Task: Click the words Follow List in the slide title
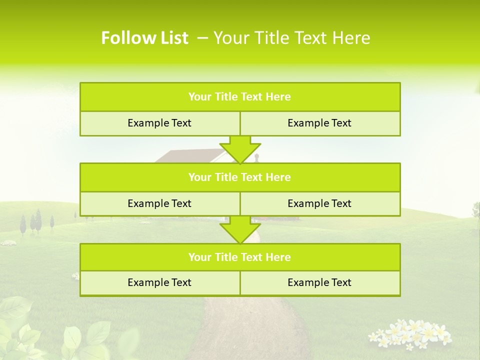point(144,38)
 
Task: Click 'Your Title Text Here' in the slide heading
point(292,38)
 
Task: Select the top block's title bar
point(240,97)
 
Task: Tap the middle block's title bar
point(240,177)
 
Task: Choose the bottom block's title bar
point(240,257)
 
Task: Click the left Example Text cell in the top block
point(159,123)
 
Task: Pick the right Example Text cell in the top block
point(319,123)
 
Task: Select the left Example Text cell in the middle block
point(159,204)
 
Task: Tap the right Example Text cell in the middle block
point(319,204)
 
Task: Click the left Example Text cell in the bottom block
point(159,283)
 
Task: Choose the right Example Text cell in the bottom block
point(319,283)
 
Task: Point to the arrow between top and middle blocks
point(240,149)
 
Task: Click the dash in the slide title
point(202,38)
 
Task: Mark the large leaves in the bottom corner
point(30,330)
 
